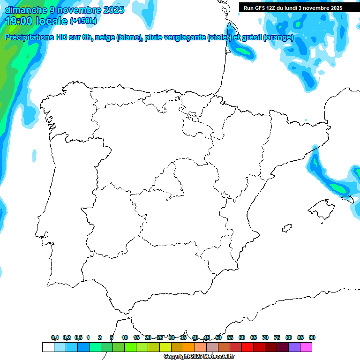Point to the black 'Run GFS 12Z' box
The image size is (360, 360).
point(293,7)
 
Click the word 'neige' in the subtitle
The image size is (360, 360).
point(106,37)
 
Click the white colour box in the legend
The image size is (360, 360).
point(48,347)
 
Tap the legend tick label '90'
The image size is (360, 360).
point(312,337)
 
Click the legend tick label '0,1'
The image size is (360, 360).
point(55,337)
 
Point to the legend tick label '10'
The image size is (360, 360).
point(125,337)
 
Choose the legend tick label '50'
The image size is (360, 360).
point(218,337)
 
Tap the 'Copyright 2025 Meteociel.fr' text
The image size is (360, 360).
point(199,356)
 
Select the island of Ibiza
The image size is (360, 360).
point(286,228)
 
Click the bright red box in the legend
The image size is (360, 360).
point(247,347)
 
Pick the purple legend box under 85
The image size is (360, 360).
point(294,347)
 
